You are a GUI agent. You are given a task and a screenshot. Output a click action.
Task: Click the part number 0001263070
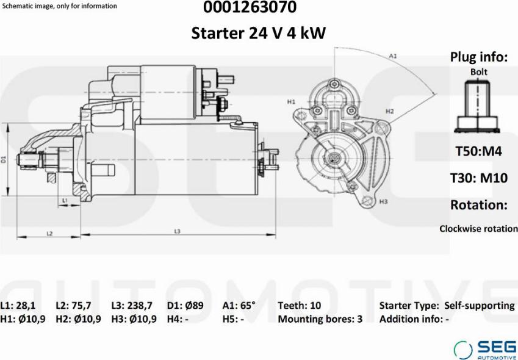click(250, 7)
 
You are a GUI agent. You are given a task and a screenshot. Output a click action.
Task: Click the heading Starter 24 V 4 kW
click(259, 33)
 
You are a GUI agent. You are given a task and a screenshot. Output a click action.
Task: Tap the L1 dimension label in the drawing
click(65, 200)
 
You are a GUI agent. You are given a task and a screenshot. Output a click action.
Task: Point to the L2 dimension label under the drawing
click(49, 234)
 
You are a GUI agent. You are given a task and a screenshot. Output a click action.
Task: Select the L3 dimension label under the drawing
click(177, 231)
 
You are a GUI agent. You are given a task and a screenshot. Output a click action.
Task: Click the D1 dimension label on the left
click(4, 159)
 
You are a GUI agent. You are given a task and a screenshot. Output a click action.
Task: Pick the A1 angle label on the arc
click(392, 56)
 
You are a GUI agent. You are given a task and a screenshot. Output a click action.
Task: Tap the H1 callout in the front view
click(290, 102)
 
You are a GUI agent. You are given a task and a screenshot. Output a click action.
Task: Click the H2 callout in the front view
click(390, 112)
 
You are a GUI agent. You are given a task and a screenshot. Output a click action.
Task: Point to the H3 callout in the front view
click(383, 201)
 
